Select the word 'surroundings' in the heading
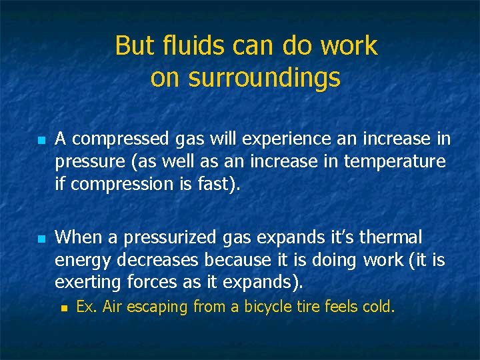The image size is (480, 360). tap(265, 78)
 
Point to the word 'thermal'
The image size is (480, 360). tap(390, 237)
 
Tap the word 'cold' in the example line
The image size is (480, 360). tap(379, 307)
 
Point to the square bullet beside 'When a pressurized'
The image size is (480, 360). tap(41, 239)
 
